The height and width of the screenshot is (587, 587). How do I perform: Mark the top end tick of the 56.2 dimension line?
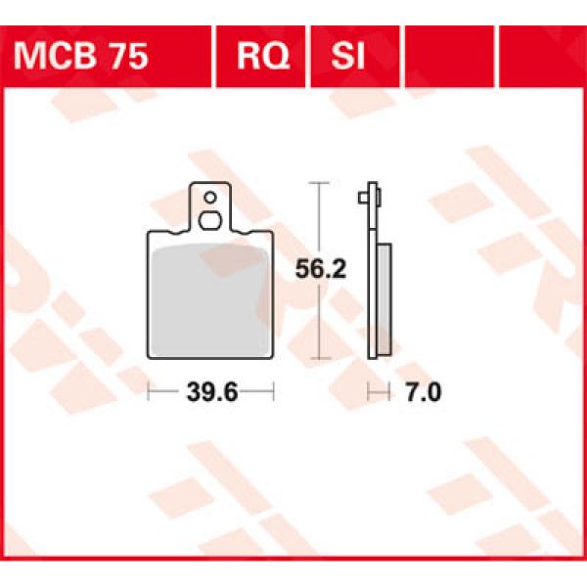(x=316, y=183)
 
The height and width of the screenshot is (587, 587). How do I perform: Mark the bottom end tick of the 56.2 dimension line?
(x=316, y=359)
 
